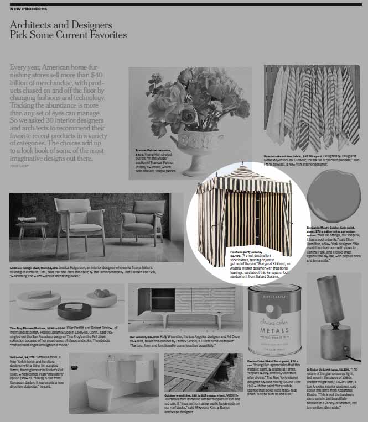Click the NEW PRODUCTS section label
28,9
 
